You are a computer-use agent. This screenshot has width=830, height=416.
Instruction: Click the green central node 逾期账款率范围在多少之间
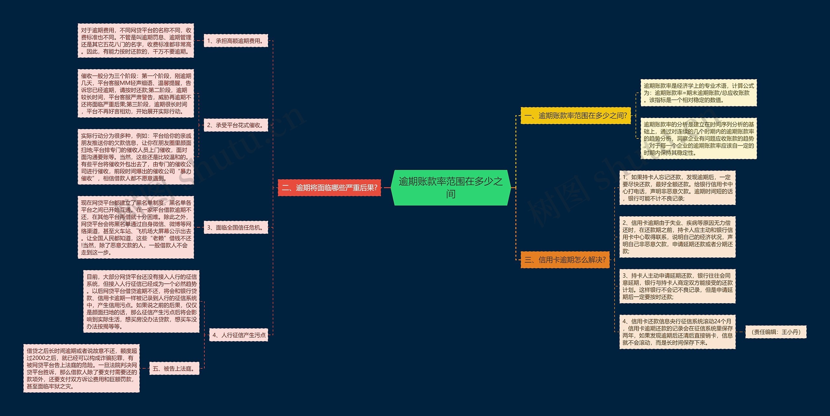tap(451, 187)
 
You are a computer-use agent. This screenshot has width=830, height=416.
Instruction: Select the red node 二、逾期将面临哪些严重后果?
tap(329, 188)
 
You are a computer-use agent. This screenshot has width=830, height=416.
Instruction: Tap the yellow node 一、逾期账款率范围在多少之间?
tap(575, 115)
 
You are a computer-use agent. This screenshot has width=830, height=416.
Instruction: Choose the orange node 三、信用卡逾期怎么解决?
tap(565, 260)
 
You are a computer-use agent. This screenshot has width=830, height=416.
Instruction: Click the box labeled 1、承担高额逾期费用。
tap(236, 41)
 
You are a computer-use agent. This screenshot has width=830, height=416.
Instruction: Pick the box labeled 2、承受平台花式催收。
tap(236, 125)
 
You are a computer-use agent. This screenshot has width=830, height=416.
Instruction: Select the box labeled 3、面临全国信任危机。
tap(236, 228)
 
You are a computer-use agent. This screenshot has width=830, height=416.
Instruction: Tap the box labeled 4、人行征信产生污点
tap(239, 335)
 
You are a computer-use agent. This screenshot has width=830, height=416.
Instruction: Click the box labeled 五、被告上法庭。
tap(174, 369)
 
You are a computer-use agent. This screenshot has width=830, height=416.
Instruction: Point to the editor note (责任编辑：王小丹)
tap(776, 332)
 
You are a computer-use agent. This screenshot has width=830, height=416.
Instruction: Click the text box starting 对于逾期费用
tap(136, 41)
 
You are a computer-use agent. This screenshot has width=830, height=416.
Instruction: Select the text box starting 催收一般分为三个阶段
tap(136, 93)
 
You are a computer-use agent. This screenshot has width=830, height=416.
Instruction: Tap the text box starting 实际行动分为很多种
tap(136, 157)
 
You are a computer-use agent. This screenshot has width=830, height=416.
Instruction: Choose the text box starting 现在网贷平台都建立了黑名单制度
tap(136, 227)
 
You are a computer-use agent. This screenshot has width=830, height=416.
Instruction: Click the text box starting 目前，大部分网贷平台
tap(141, 302)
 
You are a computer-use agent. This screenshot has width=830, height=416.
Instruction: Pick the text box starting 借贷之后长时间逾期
tap(81, 368)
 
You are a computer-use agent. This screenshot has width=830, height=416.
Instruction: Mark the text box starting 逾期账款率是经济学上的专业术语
tap(698, 93)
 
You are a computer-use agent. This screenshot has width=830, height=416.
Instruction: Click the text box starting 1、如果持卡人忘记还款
tap(677, 188)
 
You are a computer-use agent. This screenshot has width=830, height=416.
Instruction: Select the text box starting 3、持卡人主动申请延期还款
tap(677, 286)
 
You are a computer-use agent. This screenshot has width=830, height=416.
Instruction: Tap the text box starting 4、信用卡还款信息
tap(677, 332)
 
